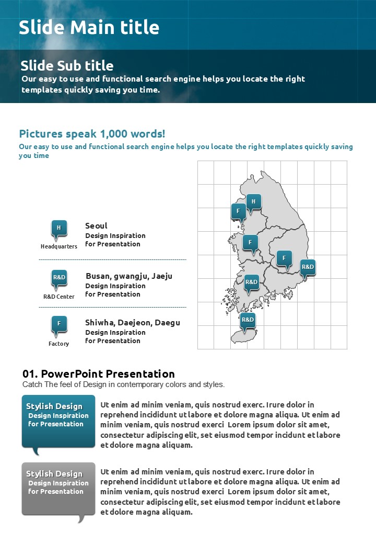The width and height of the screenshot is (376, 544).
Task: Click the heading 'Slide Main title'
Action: point(89,27)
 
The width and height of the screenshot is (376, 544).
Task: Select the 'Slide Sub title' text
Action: point(67,65)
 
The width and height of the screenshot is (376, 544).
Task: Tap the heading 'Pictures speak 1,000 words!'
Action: point(92,134)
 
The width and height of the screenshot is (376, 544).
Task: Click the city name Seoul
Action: point(96,225)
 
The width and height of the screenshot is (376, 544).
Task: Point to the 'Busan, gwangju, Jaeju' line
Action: point(128,276)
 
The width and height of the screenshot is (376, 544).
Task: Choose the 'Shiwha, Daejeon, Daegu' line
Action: point(133,322)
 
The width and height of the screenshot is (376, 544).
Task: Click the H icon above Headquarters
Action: point(59,228)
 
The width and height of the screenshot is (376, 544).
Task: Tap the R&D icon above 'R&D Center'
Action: point(59,277)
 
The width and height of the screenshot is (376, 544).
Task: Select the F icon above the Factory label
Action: point(59,323)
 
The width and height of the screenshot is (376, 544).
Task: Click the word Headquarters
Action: point(59,246)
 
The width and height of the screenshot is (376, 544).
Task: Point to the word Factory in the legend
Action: point(59,344)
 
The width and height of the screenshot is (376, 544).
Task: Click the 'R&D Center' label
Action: point(59,297)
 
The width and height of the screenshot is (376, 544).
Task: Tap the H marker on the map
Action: point(254,201)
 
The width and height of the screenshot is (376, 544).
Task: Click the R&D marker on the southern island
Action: point(248,320)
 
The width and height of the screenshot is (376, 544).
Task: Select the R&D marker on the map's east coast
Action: point(308,267)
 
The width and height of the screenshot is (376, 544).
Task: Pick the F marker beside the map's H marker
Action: point(238,211)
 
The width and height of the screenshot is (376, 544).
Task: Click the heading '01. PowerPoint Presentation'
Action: point(99,373)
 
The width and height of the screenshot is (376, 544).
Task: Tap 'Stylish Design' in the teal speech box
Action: point(54,406)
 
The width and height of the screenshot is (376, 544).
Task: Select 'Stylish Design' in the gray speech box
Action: point(54,473)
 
